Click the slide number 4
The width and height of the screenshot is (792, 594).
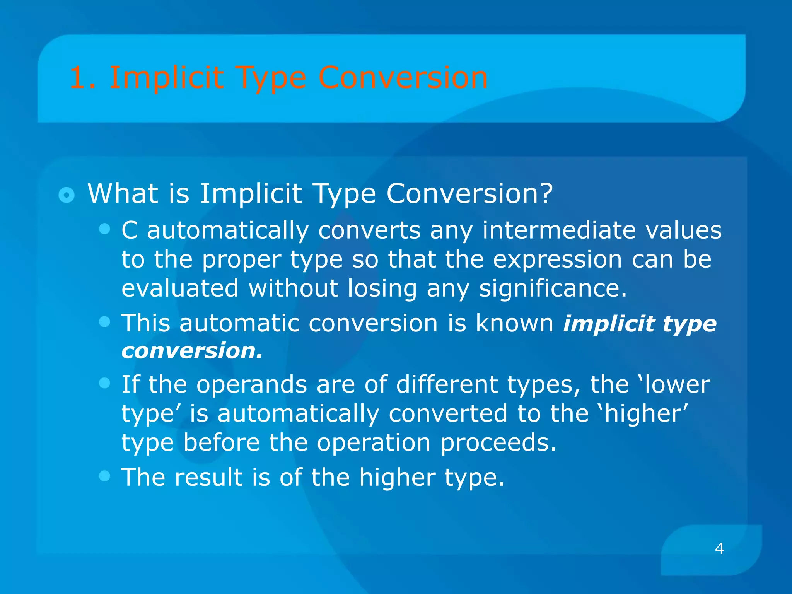(x=719, y=548)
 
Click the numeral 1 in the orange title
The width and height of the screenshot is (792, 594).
(x=77, y=78)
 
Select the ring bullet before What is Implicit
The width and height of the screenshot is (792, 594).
(x=67, y=195)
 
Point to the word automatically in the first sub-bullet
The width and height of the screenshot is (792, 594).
(x=228, y=230)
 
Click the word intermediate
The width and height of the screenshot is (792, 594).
(x=559, y=230)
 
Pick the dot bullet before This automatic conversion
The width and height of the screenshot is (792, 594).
(x=104, y=322)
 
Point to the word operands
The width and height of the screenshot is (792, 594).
(x=251, y=384)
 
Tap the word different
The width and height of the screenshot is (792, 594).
(x=447, y=384)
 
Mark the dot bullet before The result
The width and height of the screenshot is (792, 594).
(x=104, y=476)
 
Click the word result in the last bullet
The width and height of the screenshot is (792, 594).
(x=208, y=477)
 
